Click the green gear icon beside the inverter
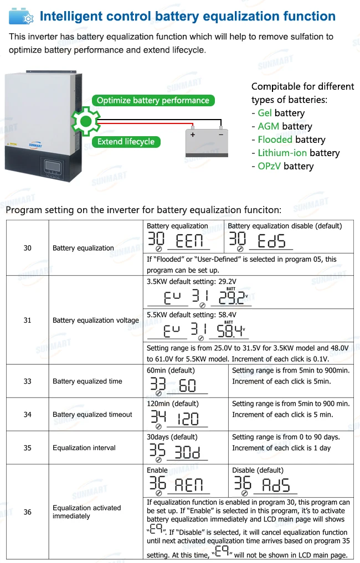(x=85, y=121)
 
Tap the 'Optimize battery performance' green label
(x=153, y=100)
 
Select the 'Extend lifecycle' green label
(x=126, y=142)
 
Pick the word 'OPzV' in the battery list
(x=270, y=166)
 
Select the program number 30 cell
(x=28, y=248)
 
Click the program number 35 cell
(x=28, y=448)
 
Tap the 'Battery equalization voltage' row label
(x=96, y=321)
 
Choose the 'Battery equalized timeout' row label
(x=92, y=415)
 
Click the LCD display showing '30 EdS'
(x=260, y=241)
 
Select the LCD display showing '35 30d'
(x=176, y=452)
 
